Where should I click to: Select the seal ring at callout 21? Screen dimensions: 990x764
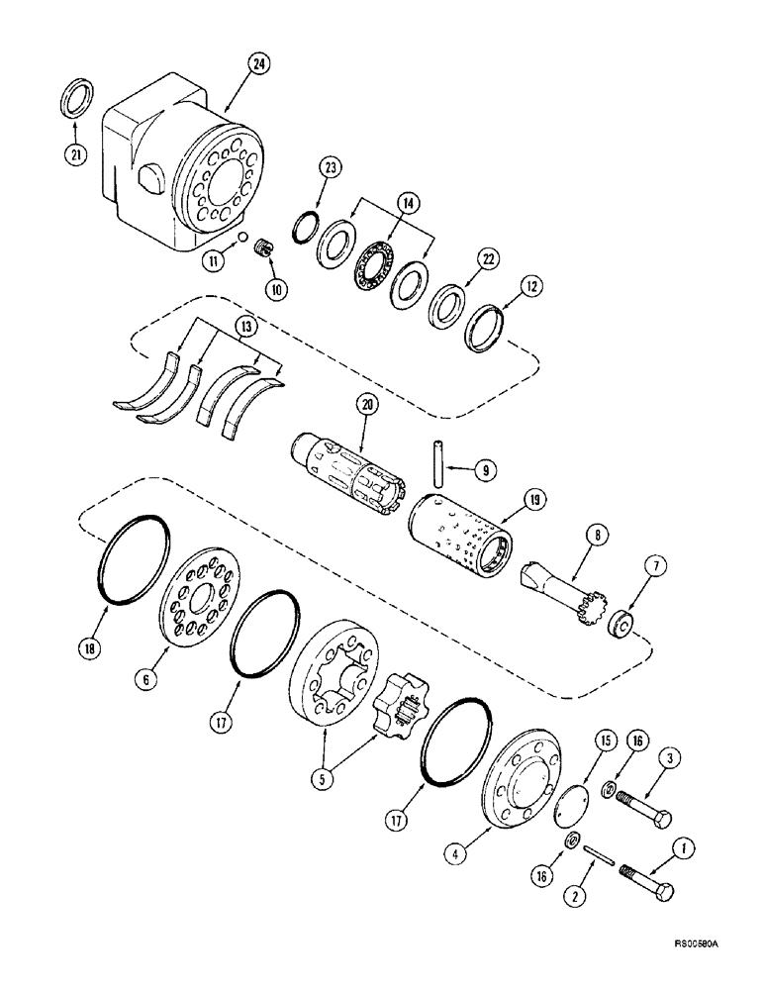pyautogui.click(x=74, y=101)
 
